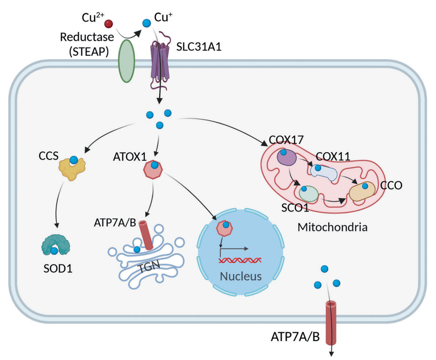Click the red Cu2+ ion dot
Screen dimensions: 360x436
coord(109,23)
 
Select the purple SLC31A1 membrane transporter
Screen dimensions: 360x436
coord(160,61)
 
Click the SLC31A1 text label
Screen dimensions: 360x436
coord(197,47)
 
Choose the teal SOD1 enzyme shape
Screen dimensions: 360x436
coord(54,245)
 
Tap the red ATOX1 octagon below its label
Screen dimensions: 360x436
coord(153,169)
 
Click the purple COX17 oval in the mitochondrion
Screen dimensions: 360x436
coord(286,158)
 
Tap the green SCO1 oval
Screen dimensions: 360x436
coord(308,193)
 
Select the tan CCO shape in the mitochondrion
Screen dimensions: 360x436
coord(362,191)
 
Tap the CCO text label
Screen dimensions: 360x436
coord(391,186)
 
